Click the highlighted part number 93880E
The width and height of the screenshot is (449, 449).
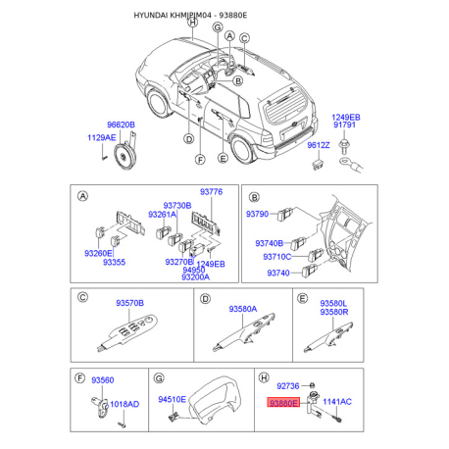coord(283,402)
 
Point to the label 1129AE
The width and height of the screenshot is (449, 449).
coord(101,137)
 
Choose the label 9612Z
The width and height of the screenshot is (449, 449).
coord(318,145)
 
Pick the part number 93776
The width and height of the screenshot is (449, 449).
coord(212,193)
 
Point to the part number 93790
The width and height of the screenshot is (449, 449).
coord(258,213)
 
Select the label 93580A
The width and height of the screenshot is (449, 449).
coord(243,309)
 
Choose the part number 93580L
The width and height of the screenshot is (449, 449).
coord(333,305)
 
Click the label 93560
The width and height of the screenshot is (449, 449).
coord(103,379)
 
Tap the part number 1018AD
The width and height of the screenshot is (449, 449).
coord(124,404)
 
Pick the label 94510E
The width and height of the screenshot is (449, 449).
coord(173,400)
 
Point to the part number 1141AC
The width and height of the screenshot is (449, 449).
coord(337,402)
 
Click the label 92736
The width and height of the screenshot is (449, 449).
coord(288,387)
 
